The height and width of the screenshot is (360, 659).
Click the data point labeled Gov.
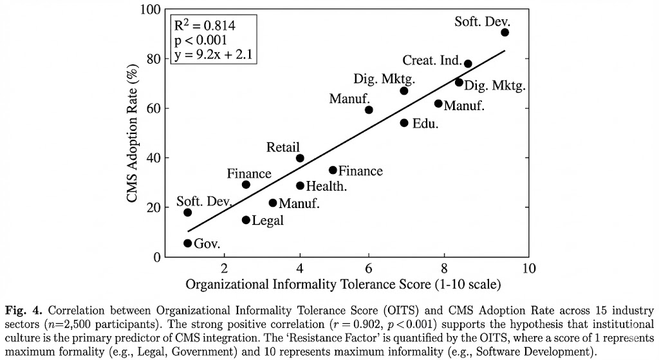[x=188, y=243]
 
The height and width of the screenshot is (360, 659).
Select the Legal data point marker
[x=246, y=220]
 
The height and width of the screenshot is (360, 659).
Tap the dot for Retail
[x=300, y=158]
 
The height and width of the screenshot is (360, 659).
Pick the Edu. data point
[x=404, y=123]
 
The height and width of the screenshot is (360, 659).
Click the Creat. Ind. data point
[x=468, y=64]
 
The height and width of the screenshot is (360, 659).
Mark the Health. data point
[x=300, y=185]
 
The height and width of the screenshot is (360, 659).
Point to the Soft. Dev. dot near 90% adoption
[x=505, y=32]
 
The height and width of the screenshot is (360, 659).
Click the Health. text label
[x=326, y=186]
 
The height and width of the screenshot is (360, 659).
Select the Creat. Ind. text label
[x=432, y=61]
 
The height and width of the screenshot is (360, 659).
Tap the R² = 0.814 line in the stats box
[x=205, y=26]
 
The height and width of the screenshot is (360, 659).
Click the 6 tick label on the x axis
[x=368, y=268]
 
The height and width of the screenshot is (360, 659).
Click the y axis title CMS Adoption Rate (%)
[x=133, y=133]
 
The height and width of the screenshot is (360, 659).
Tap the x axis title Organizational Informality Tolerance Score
[x=342, y=284]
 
